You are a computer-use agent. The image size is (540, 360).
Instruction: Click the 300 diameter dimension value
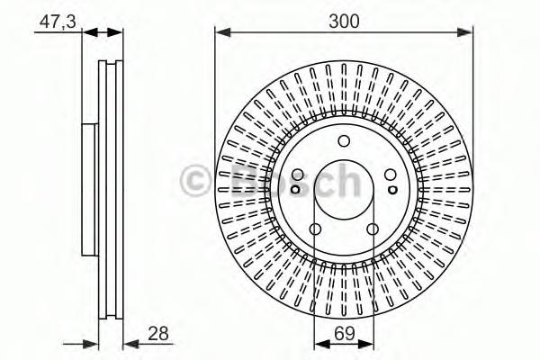(x=344, y=22)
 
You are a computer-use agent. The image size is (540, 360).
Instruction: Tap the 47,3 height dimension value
(x=58, y=22)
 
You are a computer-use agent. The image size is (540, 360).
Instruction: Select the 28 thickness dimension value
(x=158, y=334)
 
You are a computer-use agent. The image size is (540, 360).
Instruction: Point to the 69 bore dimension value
(x=345, y=334)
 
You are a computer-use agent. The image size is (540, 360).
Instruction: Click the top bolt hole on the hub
(x=344, y=141)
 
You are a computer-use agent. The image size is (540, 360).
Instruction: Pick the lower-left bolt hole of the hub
(x=316, y=229)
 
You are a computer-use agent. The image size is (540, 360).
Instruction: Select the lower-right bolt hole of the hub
(x=373, y=229)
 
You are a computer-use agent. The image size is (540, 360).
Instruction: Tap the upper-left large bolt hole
(x=298, y=175)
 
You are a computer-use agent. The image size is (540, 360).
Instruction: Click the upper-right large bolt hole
(x=391, y=175)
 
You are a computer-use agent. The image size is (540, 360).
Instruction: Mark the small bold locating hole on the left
(x=295, y=190)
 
